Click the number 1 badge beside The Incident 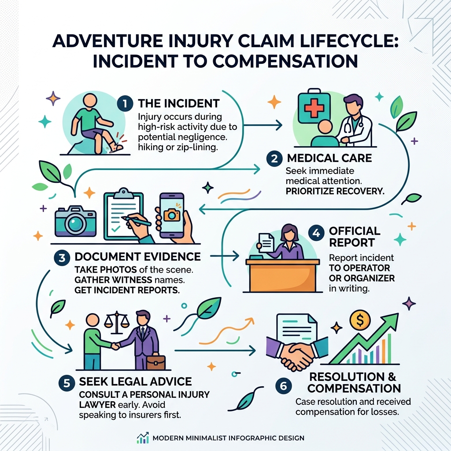125,104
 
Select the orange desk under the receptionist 282,275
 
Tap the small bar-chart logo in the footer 143,438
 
